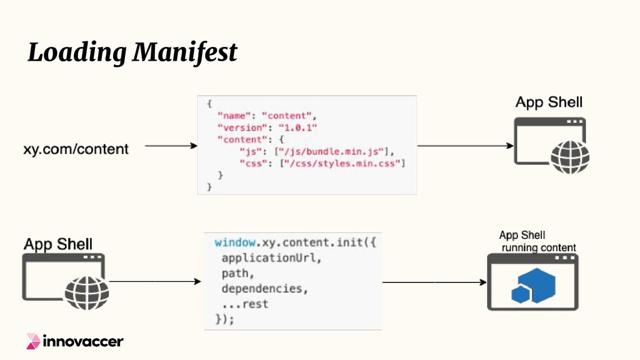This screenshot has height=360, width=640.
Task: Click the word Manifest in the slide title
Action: coord(185,52)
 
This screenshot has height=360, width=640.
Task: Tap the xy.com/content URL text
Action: coord(76,149)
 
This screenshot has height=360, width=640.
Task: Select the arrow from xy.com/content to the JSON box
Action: coord(171,146)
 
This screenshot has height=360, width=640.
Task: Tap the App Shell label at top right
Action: coord(549,102)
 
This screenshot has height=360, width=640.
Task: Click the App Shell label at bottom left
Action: coord(57,244)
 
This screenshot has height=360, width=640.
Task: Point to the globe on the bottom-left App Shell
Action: coord(87,292)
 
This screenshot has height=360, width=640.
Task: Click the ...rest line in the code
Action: coord(245,304)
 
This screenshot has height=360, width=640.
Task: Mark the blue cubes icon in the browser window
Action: coord(533,286)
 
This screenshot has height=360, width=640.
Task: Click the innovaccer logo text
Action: coord(82,341)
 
